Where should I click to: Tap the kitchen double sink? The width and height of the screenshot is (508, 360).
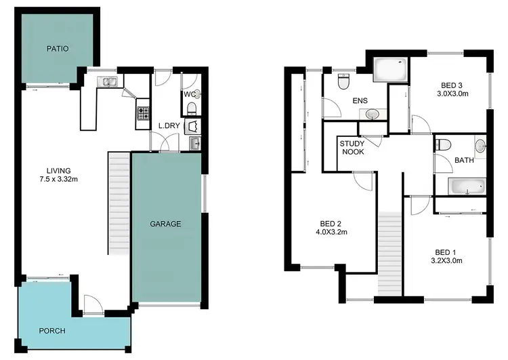tap(108, 82)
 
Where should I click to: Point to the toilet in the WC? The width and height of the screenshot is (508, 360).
tap(192, 108)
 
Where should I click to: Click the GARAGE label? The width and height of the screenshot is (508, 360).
tap(165, 224)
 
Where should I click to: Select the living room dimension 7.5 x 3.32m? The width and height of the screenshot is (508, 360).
tap(59, 180)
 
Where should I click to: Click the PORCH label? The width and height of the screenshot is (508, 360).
tap(52, 331)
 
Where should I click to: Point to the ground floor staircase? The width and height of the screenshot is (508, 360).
tap(118, 203)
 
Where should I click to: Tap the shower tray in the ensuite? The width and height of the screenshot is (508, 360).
tap(391, 69)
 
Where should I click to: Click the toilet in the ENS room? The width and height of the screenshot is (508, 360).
tap(343, 82)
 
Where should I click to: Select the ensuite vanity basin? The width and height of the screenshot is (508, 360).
tap(373, 115)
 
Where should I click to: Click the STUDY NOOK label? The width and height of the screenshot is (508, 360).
tap(352, 147)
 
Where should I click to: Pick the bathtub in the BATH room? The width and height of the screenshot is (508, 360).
tap(467, 186)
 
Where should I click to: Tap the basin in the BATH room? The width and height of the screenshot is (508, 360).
tap(480, 144)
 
